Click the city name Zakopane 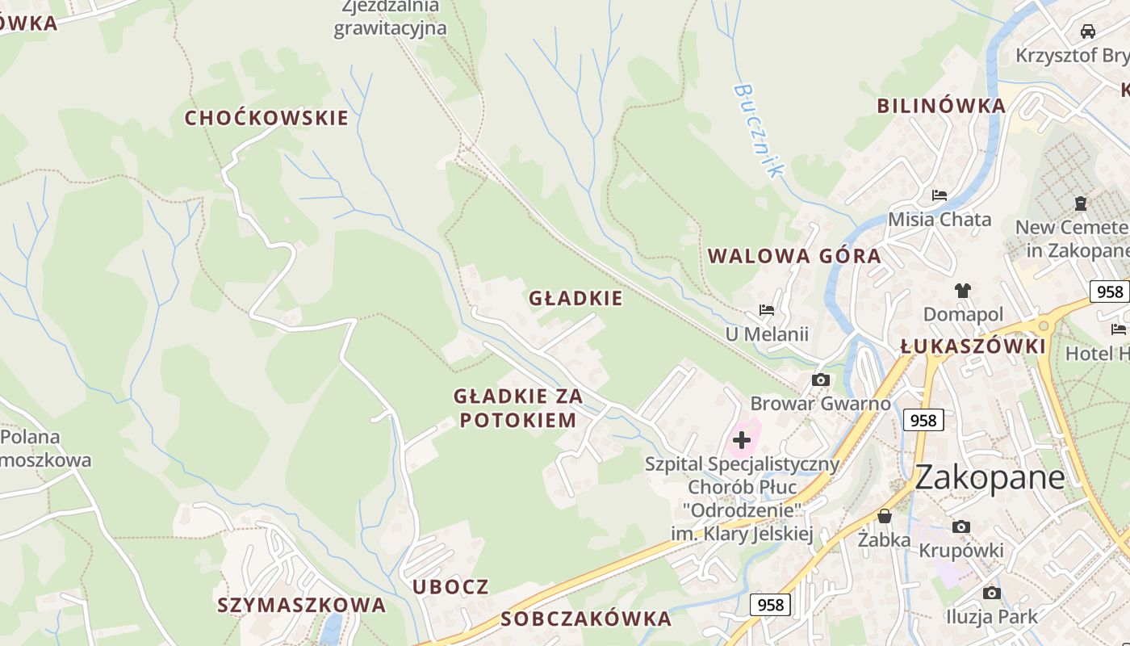[990, 477]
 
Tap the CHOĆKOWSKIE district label [266, 118]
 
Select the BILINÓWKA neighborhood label [941, 106]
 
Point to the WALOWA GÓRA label [794, 257]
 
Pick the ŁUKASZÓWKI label [973, 346]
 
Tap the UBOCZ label [450, 586]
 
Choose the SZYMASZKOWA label [301, 605]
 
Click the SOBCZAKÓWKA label [586, 619]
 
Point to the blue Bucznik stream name [758, 130]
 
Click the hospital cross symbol [741, 440]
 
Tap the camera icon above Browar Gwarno [821, 380]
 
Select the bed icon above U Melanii [767, 310]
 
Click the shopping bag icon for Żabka [885, 516]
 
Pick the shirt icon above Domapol [962, 291]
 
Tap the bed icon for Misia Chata [940, 195]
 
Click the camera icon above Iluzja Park [992, 594]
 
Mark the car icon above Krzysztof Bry [1087, 31]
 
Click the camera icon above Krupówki [960, 527]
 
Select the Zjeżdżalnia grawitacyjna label [391, 18]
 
